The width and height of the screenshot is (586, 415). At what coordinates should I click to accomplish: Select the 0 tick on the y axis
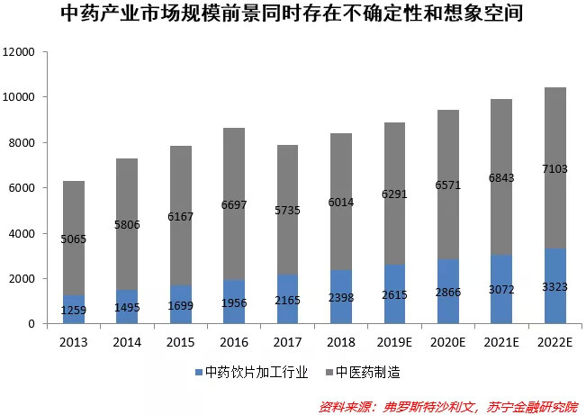tap(31, 324)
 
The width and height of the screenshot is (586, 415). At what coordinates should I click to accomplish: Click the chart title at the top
tap(293, 14)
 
